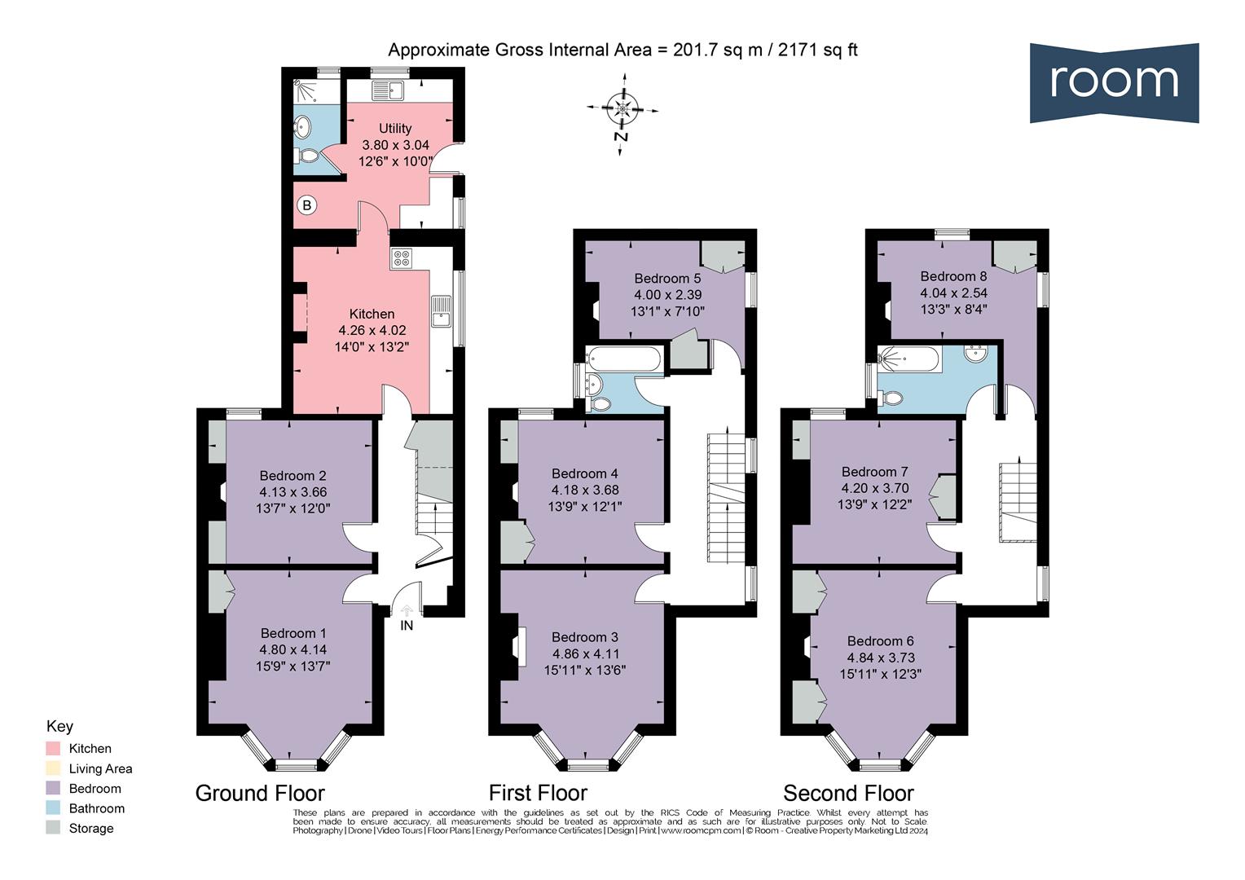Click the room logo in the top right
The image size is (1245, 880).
point(1113,82)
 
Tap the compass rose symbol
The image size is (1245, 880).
point(622,108)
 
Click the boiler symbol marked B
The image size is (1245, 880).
point(306,205)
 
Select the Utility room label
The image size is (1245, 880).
point(395,128)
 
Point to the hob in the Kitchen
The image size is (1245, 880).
point(402,259)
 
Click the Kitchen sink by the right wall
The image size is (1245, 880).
point(441,311)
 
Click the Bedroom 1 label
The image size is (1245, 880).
point(293,633)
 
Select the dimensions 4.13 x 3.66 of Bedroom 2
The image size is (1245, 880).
point(293,492)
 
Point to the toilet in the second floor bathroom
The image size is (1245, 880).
point(891,398)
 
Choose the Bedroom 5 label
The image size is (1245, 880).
point(667,279)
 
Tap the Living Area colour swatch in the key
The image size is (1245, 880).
point(53,768)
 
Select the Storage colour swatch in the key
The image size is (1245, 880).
point(53,829)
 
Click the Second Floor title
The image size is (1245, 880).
point(848,793)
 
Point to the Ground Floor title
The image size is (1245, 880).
point(260,793)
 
